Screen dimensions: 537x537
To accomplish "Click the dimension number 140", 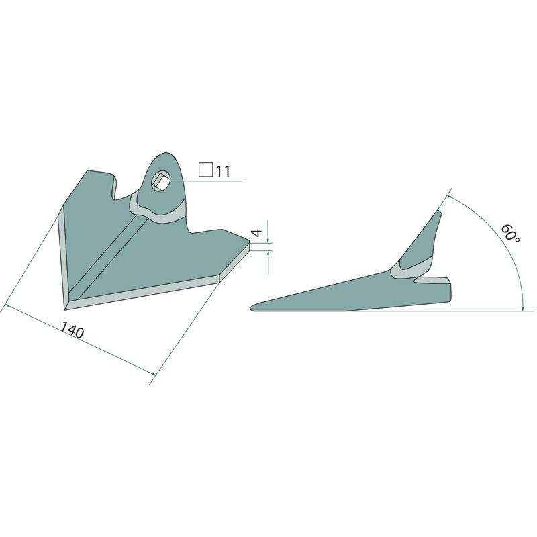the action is (x=72, y=330).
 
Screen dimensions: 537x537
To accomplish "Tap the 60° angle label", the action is (x=511, y=234).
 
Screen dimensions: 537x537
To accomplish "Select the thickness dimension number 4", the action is (x=257, y=232).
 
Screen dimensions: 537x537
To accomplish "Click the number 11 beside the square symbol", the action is (x=223, y=171).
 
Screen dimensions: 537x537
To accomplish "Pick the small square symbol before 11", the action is (x=206, y=170).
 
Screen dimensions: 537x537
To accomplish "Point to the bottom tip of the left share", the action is (x=64, y=310).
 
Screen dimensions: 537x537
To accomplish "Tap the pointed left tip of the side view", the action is (x=252, y=308).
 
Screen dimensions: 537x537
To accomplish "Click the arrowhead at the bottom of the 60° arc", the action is (x=523, y=307).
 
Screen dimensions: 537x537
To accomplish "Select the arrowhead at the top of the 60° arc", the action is (x=450, y=198).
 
